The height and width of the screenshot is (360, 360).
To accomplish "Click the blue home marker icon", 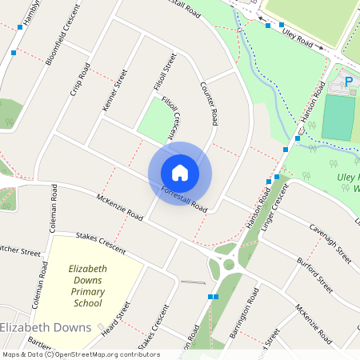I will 180,173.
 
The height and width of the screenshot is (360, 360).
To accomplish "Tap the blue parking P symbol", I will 348,81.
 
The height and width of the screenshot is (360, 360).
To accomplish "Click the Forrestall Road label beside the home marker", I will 184,199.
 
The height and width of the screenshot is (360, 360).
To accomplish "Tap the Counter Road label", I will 210,103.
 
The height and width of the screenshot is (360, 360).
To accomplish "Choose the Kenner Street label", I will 114,90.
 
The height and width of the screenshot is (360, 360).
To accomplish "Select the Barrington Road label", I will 242,319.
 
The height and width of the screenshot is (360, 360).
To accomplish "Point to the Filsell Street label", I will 163,71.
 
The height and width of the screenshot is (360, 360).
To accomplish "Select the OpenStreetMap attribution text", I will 80,354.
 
